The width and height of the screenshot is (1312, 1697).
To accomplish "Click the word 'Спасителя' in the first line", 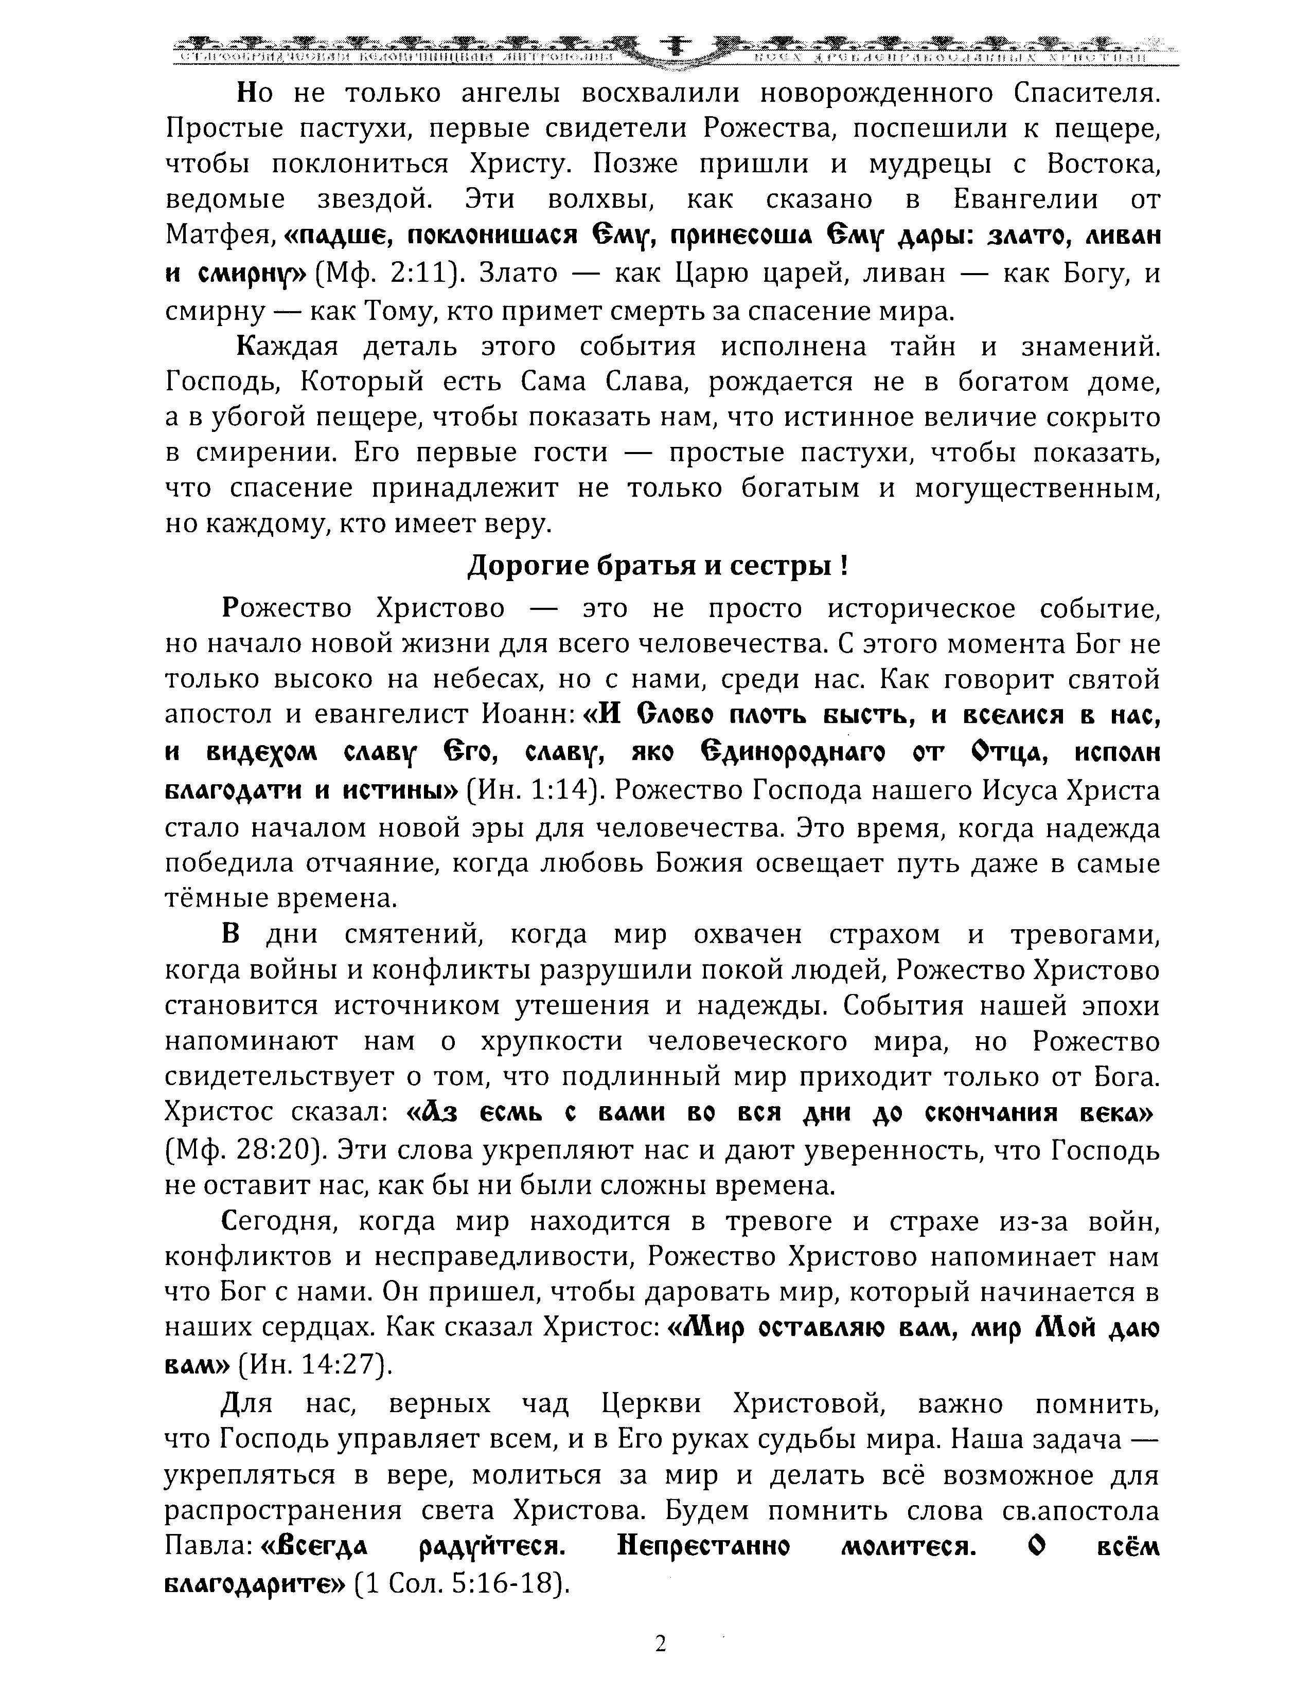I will tap(1087, 93).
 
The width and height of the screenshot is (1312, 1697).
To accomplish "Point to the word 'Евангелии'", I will tap(1026, 200).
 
